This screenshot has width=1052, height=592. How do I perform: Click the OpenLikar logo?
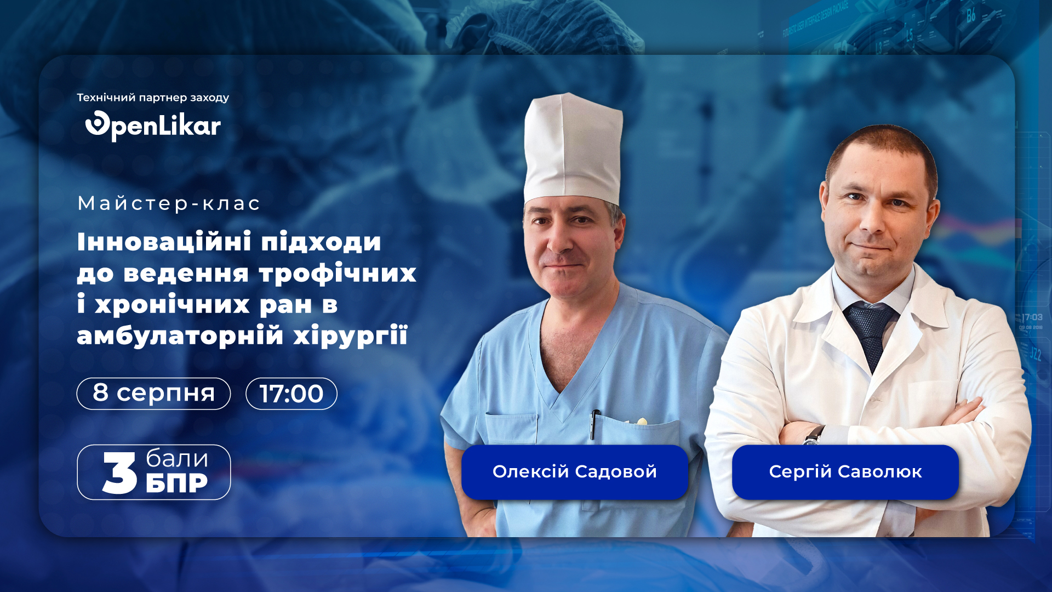pos(153,126)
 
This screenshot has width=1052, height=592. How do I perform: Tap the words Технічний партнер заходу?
pos(153,98)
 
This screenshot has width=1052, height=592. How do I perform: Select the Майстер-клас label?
pos(169,203)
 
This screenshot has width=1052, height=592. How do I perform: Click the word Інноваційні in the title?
pos(164,241)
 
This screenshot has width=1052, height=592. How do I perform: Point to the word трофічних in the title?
pos(338,274)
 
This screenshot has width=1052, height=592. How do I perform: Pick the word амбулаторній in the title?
pos(180,335)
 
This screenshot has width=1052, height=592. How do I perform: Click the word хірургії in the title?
pos(351,335)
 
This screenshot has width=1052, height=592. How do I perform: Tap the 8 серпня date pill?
pos(153,394)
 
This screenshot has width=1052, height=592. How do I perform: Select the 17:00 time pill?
pos(291,394)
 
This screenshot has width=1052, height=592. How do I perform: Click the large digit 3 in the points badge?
pos(119,473)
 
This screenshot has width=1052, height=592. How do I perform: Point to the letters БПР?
pos(177,483)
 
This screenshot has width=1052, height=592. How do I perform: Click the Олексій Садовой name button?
pos(575,472)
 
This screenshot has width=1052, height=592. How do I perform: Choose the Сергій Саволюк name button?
pos(845,472)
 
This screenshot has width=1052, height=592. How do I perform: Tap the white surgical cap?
pos(573,149)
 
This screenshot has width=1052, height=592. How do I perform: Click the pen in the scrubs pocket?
pos(594,424)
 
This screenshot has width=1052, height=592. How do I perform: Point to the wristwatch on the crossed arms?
pos(814,435)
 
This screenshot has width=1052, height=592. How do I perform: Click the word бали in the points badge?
pos(177,459)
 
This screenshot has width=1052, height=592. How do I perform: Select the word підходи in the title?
pos(321,242)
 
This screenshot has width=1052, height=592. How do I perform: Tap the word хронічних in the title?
pos(173,304)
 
